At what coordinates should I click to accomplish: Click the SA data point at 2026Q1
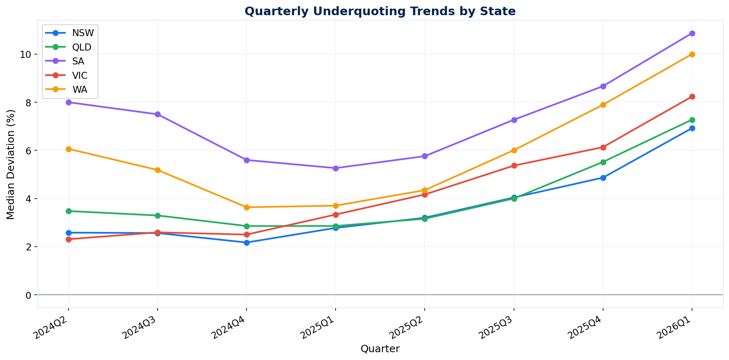pos(692,33)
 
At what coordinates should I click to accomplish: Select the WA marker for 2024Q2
pos(69,149)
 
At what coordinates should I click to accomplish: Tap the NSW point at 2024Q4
pos(247,243)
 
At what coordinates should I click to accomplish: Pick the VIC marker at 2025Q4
pos(603,147)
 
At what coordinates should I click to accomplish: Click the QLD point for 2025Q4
pos(603,162)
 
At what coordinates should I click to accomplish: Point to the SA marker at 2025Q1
pos(336,168)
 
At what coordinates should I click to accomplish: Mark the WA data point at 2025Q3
pos(514,150)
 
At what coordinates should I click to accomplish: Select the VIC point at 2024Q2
pos(69,239)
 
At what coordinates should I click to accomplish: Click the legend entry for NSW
pos(80,33)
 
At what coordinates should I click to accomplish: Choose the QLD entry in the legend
pos(80,47)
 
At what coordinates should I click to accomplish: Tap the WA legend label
pos(80,90)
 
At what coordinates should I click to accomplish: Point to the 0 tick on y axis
pos(29,295)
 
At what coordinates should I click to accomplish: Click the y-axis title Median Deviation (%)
pos(11,164)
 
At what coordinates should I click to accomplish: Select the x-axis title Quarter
pos(380,349)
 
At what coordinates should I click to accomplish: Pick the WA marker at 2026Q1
pos(692,54)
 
